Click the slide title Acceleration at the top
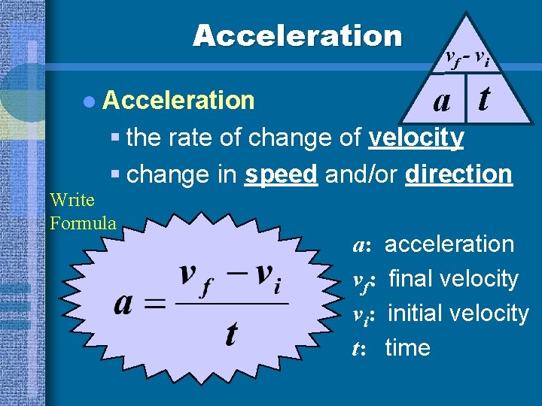tap(297, 35)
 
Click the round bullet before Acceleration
tap(90, 101)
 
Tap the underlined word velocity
tap(416, 138)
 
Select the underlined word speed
tap(281, 174)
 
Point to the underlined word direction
tap(458, 174)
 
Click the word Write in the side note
tap(72, 200)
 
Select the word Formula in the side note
tap(83, 223)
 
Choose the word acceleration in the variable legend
tap(449, 244)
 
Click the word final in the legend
tap(411, 279)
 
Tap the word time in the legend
tap(407, 348)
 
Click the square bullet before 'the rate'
tap(114, 139)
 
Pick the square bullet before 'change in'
tap(114, 175)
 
